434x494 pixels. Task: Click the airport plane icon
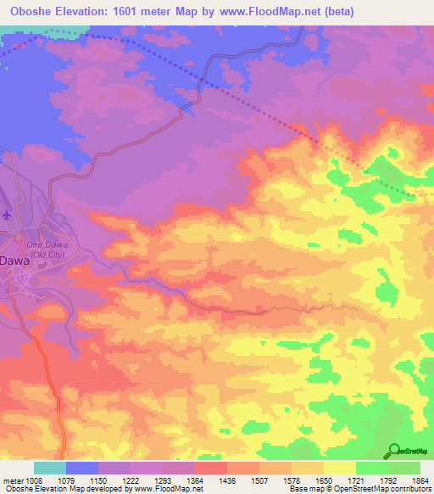point(8,215)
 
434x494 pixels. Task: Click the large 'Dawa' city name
point(15,262)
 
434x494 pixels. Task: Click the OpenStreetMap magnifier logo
point(394,451)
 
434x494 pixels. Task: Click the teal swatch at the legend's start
point(49,468)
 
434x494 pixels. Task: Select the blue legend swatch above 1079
point(82,468)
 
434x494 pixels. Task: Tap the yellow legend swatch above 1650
point(308,468)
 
